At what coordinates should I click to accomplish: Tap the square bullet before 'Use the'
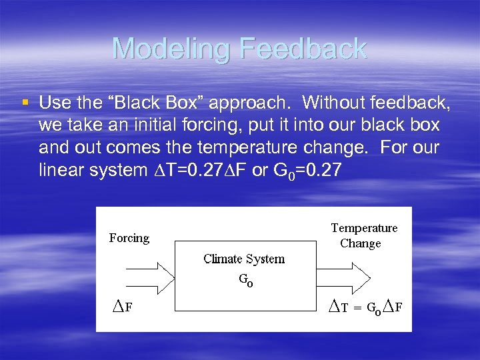[x=25, y=103]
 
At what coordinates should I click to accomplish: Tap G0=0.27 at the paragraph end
[x=307, y=170]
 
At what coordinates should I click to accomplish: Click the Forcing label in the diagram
[x=129, y=238]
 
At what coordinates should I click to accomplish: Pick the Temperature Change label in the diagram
[x=363, y=235]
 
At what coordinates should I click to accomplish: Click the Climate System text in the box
[x=244, y=259]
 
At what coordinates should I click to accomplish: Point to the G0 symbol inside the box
[x=245, y=281]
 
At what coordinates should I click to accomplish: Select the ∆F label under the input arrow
[x=121, y=307]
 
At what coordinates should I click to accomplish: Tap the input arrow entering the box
[x=139, y=273]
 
